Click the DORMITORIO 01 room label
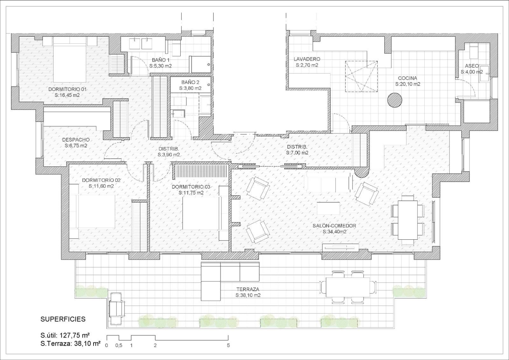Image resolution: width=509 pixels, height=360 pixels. [67, 89]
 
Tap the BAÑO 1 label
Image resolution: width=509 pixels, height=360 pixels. [161, 60]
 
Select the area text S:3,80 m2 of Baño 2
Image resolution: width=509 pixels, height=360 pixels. [191, 88]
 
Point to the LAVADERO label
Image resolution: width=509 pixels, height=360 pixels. [307, 59]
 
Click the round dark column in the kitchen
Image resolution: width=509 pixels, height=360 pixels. [395, 100]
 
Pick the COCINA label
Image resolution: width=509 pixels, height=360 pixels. [408, 78]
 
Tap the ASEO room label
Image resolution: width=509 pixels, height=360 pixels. [472, 66]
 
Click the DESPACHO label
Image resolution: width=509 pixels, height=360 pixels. [76, 140]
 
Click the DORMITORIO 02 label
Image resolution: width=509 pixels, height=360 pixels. [101, 180]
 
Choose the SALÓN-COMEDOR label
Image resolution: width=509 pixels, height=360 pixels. [334, 226]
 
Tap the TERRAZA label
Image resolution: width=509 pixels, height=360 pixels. [248, 290]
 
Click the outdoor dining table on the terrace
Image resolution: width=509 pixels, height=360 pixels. [348, 287]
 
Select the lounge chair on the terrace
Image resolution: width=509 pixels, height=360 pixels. [117, 309]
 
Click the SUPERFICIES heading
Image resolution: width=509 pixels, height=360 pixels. [63, 319]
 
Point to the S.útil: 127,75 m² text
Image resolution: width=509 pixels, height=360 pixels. [65, 335]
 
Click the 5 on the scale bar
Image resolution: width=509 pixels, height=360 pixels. [228, 345]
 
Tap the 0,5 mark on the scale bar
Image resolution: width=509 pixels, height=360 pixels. [119, 345]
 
